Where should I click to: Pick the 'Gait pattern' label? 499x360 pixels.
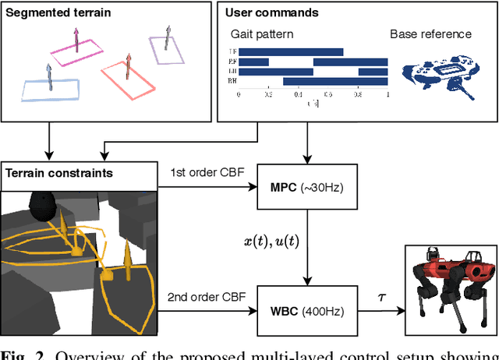(x=260, y=34)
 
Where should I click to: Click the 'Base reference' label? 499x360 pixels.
(x=430, y=34)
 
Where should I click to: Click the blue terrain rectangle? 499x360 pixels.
(x=51, y=90)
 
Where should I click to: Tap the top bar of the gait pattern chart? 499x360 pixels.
(x=291, y=52)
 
